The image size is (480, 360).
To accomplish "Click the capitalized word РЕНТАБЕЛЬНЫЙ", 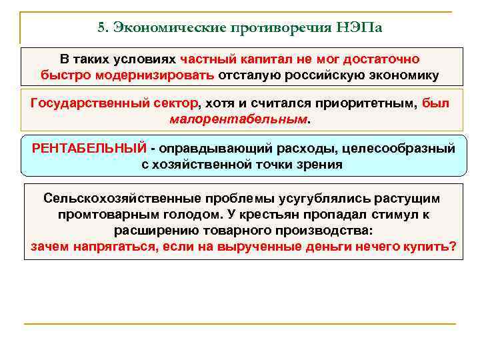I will coord(89,148).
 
